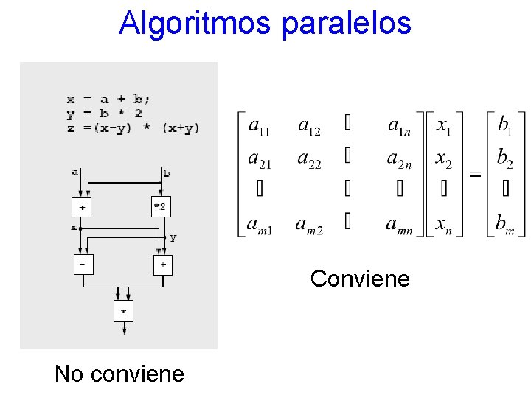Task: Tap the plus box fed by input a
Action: [x=81, y=207]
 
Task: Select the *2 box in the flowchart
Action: [x=160, y=207]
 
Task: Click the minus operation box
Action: [x=83, y=263]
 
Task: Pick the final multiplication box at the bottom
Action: [x=123, y=311]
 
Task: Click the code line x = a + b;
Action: [x=108, y=99]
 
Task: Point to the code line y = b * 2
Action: [x=105, y=113]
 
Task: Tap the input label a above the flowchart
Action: [x=75, y=172]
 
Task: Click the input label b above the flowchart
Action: [x=167, y=173]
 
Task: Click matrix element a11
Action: [x=259, y=127]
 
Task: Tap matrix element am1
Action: [x=260, y=223]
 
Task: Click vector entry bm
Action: [x=506, y=223]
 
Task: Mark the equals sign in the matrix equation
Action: [x=476, y=175]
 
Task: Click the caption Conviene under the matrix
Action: [x=360, y=279]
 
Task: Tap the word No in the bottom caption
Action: [x=69, y=374]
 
